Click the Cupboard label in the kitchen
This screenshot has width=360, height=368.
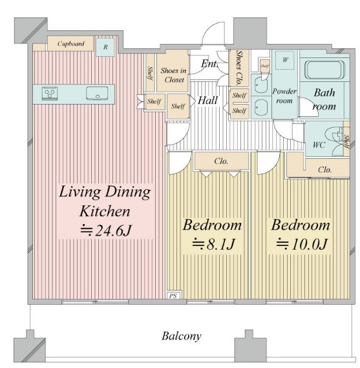pyautogui.click(x=70, y=44)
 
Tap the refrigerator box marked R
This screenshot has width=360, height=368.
pyautogui.click(x=105, y=47)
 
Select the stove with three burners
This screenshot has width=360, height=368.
pyautogui.click(x=50, y=94)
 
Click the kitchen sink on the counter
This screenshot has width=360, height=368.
pyautogui.click(x=97, y=94)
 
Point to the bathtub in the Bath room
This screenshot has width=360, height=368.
pyautogui.click(x=324, y=70)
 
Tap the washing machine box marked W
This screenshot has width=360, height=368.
pyautogui.click(x=285, y=60)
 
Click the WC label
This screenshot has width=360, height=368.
pyautogui.click(x=319, y=145)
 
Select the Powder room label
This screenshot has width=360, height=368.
pyautogui.click(x=284, y=96)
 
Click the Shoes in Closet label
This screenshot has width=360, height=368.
pyautogui.click(x=173, y=75)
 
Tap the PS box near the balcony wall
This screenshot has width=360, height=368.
pyautogui.click(x=173, y=296)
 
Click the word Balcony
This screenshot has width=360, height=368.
pyautogui.click(x=182, y=336)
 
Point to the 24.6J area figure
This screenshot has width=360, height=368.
pyautogui.click(x=106, y=230)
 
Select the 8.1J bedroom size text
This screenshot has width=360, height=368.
pyautogui.click(x=213, y=244)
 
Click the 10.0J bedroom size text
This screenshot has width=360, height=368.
pyautogui.click(x=302, y=244)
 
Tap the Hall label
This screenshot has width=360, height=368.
pyautogui.click(x=207, y=100)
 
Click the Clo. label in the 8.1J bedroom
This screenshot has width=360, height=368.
pyautogui.click(x=221, y=161)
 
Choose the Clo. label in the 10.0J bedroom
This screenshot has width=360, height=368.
pyautogui.click(x=325, y=170)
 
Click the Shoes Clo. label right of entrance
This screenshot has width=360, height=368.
pyautogui.click(x=239, y=68)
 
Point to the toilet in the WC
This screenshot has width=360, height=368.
pyautogui.click(x=334, y=141)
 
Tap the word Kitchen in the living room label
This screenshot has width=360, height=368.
pyautogui.click(x=105, y=211)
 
